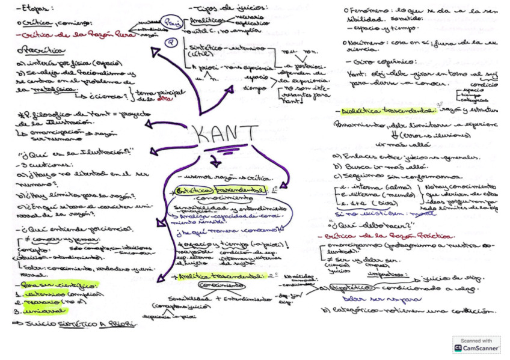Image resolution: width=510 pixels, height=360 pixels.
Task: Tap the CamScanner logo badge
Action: [476, 344]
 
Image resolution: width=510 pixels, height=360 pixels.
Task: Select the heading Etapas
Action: [35, 8]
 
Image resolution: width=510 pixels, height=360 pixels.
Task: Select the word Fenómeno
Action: [367, 10]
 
